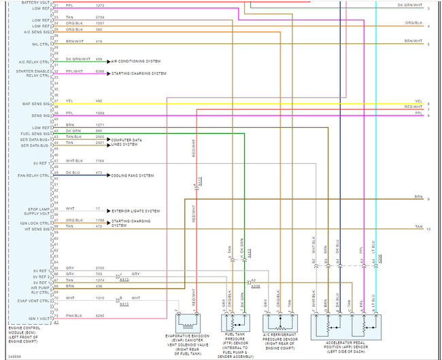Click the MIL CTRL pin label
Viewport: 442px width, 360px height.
pos(40,44)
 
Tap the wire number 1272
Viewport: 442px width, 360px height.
pos(99,5)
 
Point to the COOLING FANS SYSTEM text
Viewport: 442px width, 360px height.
pos(133,175)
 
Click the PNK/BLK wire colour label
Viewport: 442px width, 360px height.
pos(73,316)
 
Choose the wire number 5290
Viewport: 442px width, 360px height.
pos(100,316)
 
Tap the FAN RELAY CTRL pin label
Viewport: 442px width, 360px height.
pos(35,175)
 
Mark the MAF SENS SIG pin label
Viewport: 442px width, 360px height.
pos(36,103)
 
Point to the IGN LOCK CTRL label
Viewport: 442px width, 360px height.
pos(36,223)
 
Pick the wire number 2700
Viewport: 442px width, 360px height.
pos(99,268)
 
